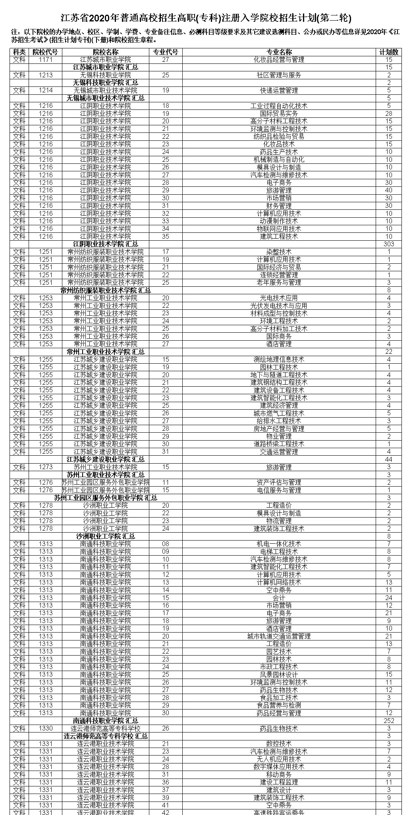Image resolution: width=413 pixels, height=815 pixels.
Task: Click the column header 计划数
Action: (x=389, y=52)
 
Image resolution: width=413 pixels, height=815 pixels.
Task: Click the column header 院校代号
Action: (x=45, y=52)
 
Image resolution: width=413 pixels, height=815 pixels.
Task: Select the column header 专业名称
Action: (x=279, y=52)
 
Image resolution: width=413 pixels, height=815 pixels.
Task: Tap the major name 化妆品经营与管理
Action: (x=279, y=59)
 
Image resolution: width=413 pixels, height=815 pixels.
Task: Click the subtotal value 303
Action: (x=389, y=244)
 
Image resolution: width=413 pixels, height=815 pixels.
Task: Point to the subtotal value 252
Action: (x=389, y=721)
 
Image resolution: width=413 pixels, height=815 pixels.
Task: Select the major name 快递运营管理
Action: (x=279, y=90)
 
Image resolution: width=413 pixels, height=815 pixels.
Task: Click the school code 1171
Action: (x=45, y=59)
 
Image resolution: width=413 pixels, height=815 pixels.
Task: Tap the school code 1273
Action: (x=45, y=467)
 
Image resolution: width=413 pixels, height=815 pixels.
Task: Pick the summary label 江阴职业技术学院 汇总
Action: (x=106, y=244)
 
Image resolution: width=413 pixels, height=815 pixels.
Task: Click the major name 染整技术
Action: (x=279, y=252)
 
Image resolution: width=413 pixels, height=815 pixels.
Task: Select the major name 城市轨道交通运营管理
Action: (x=279, y=636)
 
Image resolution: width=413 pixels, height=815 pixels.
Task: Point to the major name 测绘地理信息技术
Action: (x=279, y=359)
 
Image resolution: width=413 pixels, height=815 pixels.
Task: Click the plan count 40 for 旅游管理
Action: (x=389, y=190)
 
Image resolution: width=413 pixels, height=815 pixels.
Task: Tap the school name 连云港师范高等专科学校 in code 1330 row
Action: (x=106, y=729)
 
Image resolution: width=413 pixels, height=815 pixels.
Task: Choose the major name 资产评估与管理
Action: (x=279, y=483)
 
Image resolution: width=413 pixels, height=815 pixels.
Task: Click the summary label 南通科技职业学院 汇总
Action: (x=106, y=721)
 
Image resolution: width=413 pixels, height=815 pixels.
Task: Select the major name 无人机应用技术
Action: (x=279, y=759)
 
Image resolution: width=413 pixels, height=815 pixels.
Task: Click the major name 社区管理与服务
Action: (x=279, y=75)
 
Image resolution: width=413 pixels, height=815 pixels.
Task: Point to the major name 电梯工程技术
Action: (x=279, y=552)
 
